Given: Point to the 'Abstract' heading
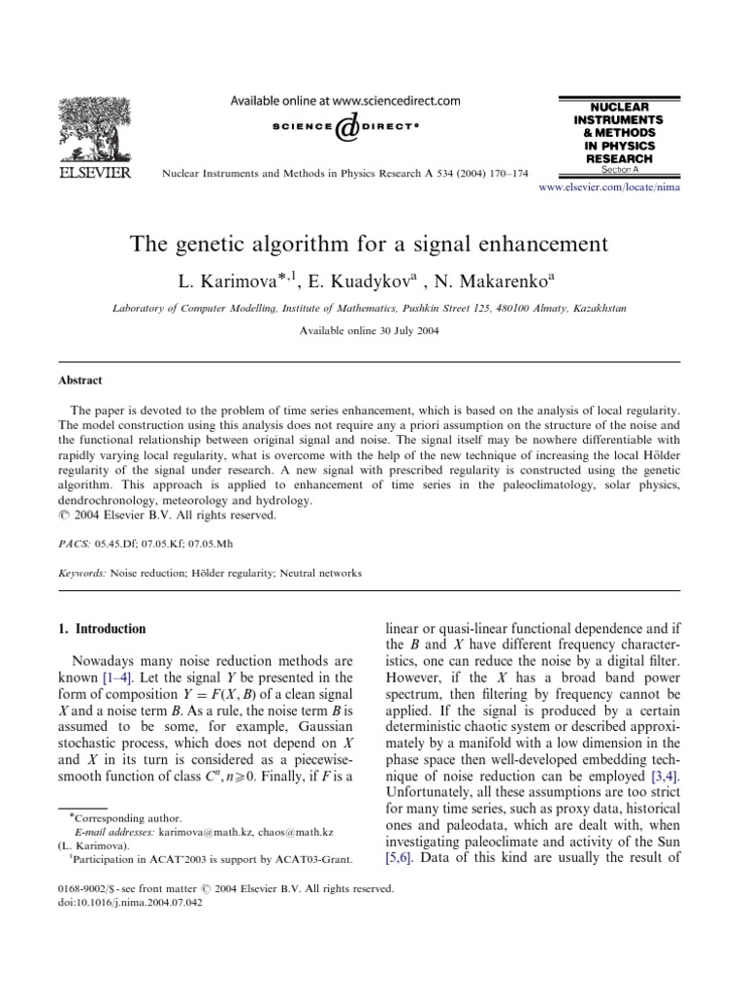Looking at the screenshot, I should tap(80, 381).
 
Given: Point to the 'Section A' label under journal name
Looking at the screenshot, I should tap(607, 169).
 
